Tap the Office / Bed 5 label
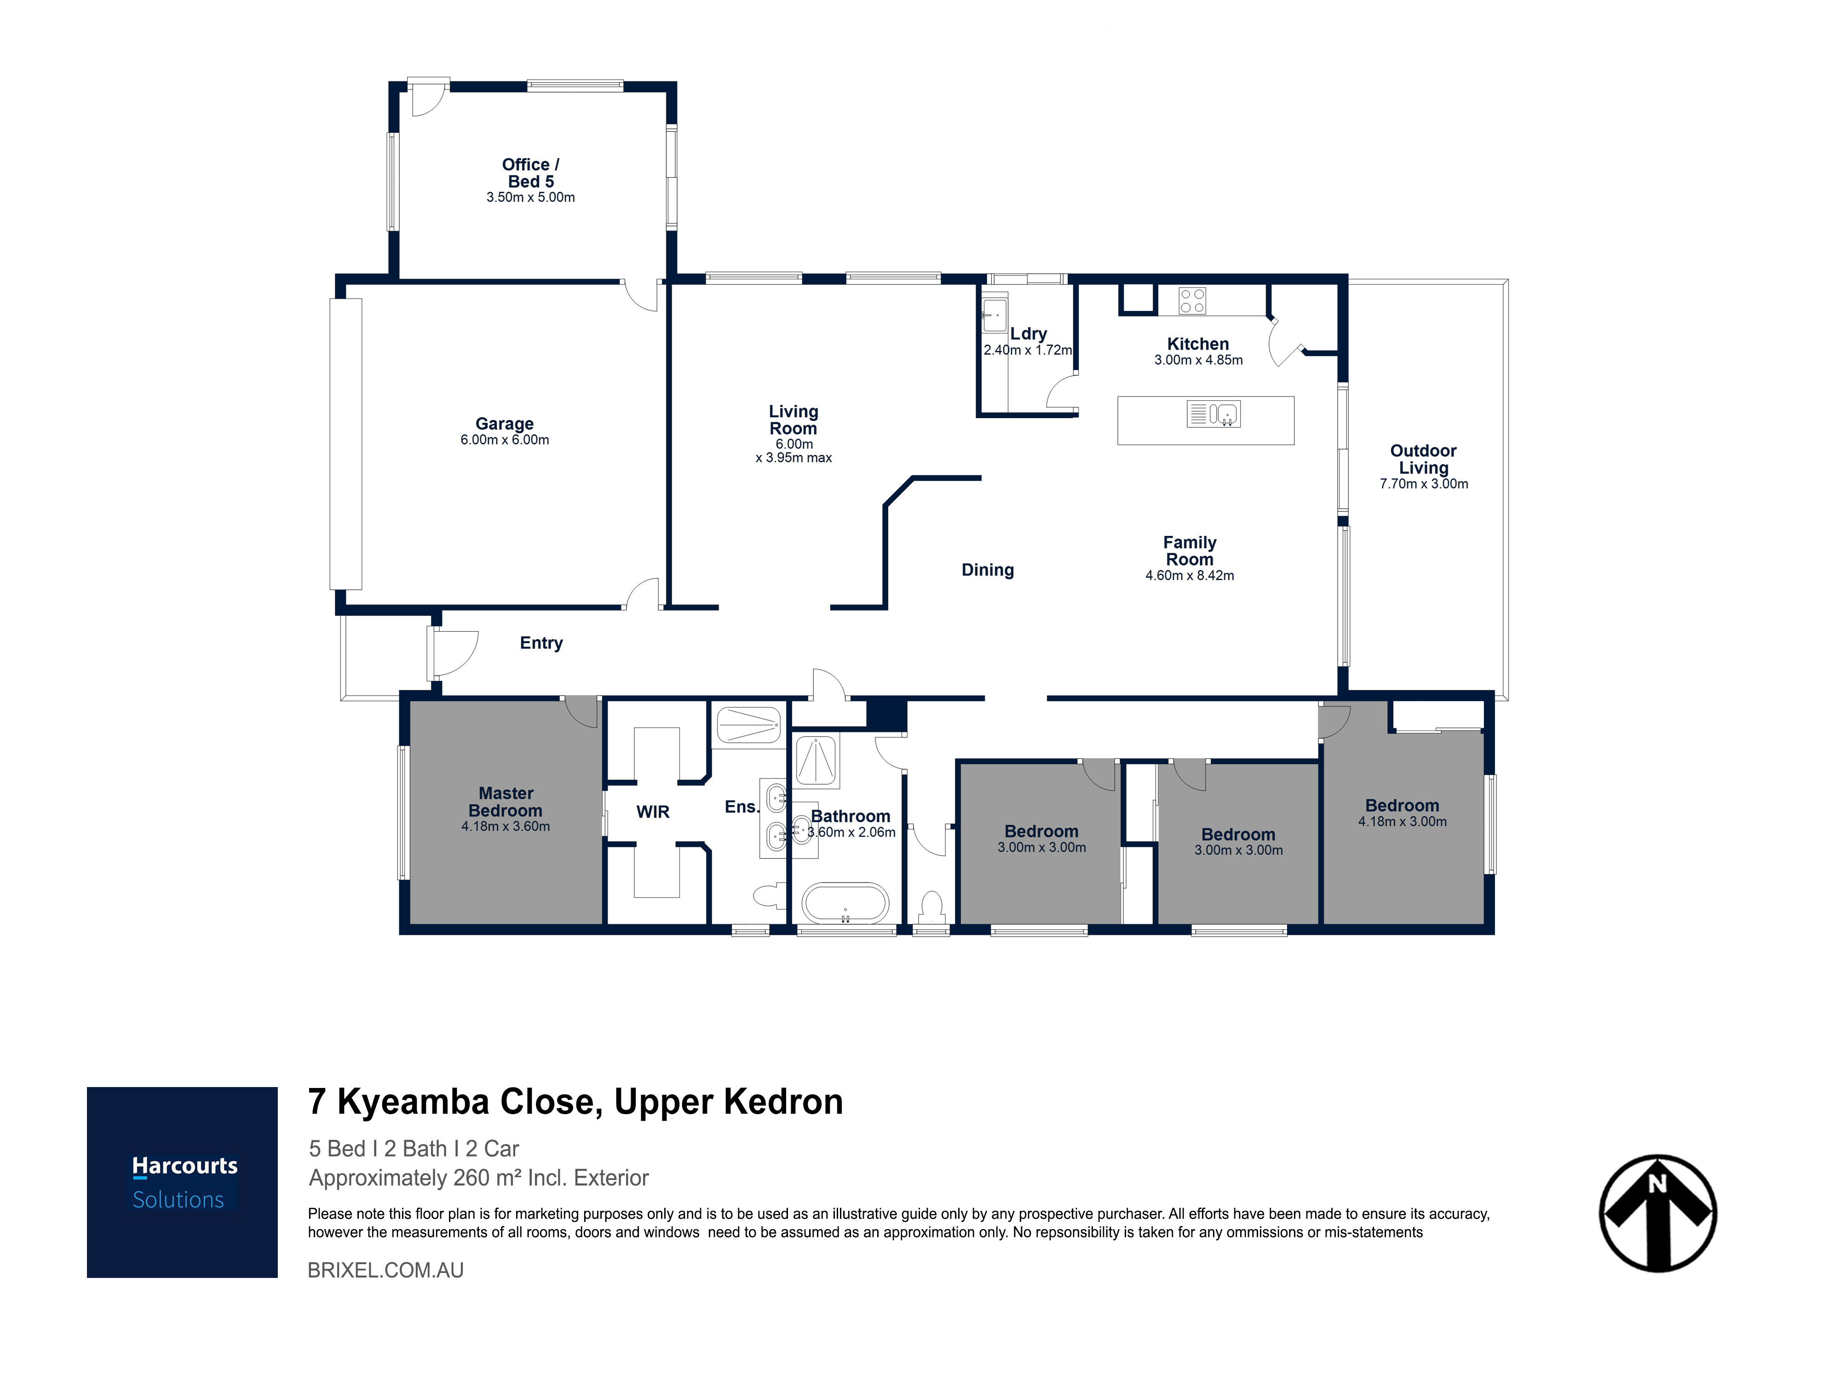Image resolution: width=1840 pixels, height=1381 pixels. click(531, 173)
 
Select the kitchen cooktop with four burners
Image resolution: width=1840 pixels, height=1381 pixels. click(1192, 300)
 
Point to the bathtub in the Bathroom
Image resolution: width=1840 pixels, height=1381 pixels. click(845, 903)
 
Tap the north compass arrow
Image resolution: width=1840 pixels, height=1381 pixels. click(1658, 1213)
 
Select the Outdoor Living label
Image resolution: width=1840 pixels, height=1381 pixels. click(1423, 459)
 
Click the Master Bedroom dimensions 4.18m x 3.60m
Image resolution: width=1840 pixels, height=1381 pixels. click(506, 826)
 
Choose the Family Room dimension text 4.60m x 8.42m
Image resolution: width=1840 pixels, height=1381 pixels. click(1190, 575)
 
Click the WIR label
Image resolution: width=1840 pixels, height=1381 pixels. click(653, 812)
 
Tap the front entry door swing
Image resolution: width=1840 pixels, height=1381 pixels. click(454, 653)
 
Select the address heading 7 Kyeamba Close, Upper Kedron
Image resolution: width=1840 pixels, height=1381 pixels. click(575, 1101)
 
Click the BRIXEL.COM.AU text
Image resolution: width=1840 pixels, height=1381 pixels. click(386, 1270)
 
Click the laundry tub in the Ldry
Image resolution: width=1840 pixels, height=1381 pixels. click(995, 315)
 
